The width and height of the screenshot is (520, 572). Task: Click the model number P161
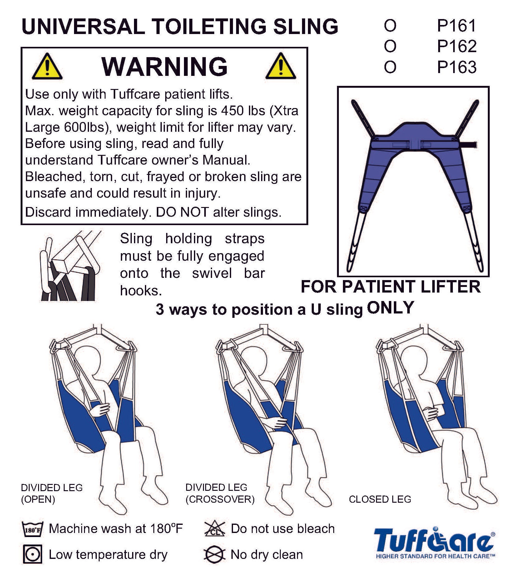(457, 26)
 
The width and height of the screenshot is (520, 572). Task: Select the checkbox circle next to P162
(390, 47)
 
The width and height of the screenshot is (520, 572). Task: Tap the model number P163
(457, 67)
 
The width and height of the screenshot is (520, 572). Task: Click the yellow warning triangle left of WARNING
(47, 66)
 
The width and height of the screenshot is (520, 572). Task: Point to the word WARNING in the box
(165, 66)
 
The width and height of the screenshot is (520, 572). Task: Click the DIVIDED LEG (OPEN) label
(52, 493)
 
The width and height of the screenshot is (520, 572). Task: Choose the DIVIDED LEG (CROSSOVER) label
(220, 493)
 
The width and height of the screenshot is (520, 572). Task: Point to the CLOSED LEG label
(380, 500)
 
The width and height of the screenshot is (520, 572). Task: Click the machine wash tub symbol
(32, 529)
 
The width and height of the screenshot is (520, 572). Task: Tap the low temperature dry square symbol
(32, 555)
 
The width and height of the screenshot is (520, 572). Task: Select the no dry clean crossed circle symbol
(214, 555)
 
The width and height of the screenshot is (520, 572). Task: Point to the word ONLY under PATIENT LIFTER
(390, 308)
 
